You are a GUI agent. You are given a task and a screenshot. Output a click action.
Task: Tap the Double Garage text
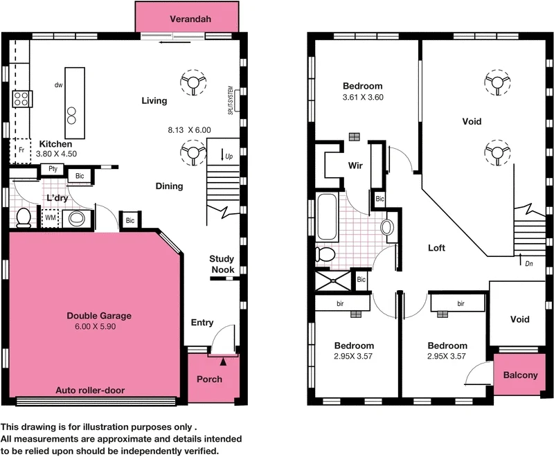99,316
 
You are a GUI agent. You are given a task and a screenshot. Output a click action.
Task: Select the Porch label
209,379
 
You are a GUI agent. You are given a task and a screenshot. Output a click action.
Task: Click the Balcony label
519,375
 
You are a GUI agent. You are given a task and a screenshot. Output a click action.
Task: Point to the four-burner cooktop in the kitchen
21,99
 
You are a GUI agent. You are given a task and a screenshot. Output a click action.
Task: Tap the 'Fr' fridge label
21,150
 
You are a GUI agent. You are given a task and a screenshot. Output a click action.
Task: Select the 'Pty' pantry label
53,169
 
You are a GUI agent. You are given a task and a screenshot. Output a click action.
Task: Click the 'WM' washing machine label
50,218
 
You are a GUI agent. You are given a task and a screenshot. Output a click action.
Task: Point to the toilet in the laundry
22,217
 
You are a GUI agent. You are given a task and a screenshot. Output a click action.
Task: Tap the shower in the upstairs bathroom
334,279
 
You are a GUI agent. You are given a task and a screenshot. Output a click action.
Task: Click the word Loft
436,248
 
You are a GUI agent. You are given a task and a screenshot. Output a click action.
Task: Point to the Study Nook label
222,265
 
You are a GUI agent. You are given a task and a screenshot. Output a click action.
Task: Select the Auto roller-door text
90,391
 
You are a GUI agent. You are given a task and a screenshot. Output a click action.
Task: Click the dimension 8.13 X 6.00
189,129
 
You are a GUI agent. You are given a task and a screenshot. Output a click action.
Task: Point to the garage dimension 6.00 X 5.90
99,326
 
